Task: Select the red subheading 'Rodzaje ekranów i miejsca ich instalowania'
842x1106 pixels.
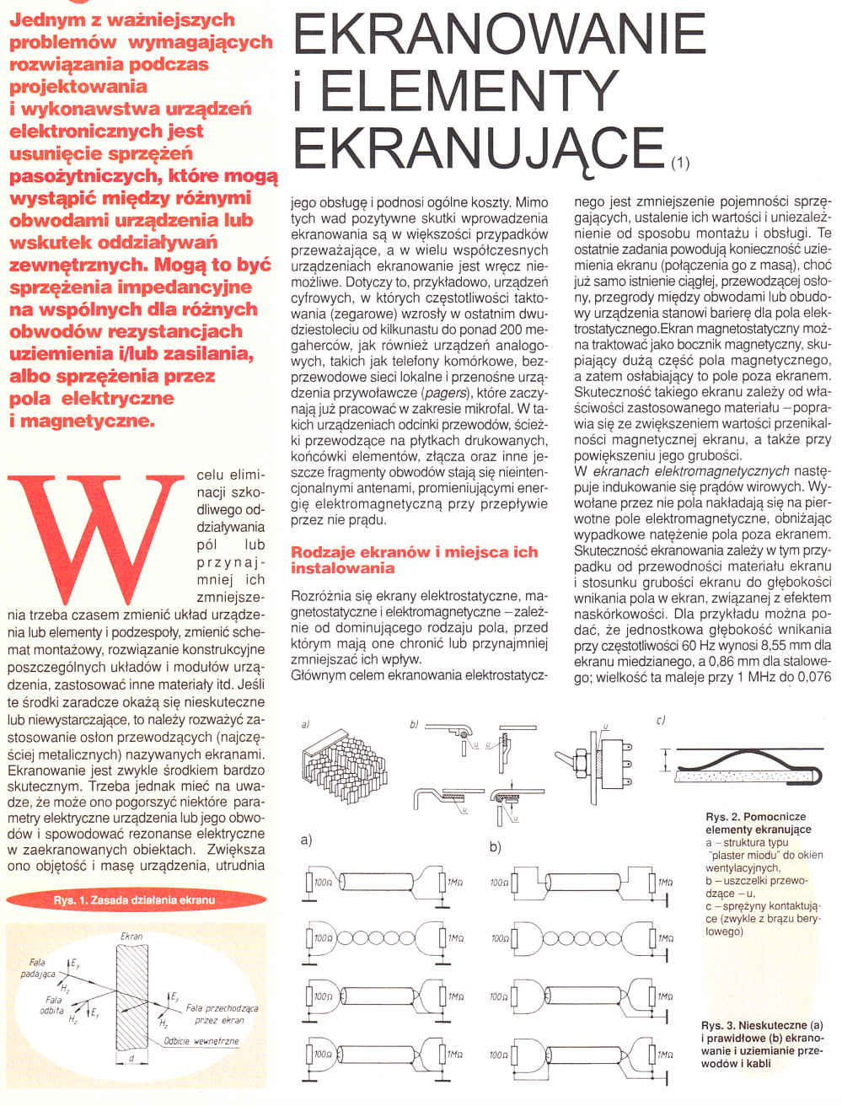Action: pyautogui.click(x=414, y=560)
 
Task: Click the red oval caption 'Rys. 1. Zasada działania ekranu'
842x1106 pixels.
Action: pyautogui.click(x=134, y=899)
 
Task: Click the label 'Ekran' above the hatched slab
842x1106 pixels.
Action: pyautogui.click(x=131, y=936)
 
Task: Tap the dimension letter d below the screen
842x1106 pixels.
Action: pyautogui.click(x=132, y=1057)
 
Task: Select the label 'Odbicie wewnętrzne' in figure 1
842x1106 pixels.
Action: pyautogui.click(x=201, y=1041)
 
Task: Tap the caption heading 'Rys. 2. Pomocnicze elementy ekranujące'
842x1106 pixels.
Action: pyautogui.click(x=755, y=823)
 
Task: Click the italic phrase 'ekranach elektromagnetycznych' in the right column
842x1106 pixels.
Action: pyautogui.click(x=691, y=471)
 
